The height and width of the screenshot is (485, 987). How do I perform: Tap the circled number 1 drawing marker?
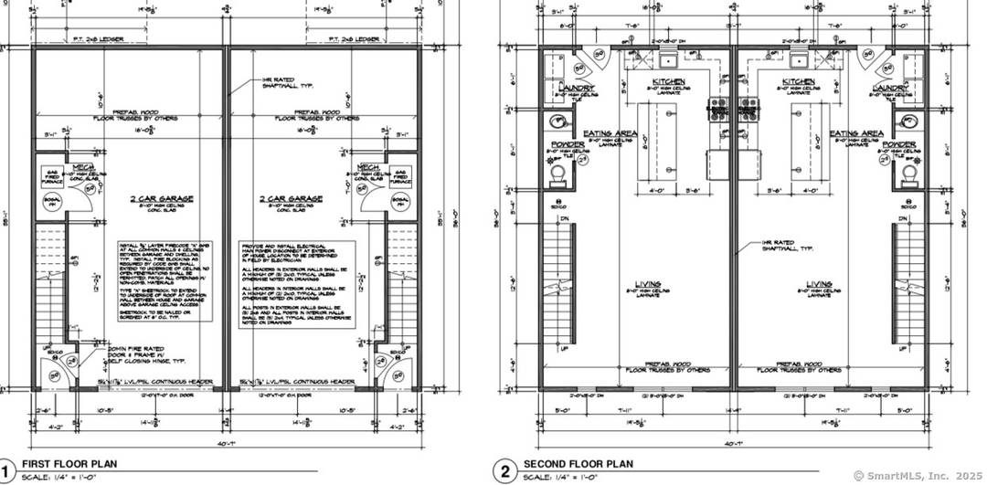pos(6,469)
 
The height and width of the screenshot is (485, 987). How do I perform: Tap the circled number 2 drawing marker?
pos(504,469)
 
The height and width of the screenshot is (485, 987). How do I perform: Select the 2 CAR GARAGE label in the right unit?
pos(290,198)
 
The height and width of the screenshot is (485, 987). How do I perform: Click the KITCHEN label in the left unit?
pos(669,82)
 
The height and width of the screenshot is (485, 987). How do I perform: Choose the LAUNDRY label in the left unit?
pos(576,89)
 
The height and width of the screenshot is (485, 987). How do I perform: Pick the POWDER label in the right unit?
pos(899,144)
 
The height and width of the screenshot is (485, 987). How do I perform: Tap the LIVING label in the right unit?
pos(818,284)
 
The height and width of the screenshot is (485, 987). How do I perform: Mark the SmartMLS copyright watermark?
pos(918,476)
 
